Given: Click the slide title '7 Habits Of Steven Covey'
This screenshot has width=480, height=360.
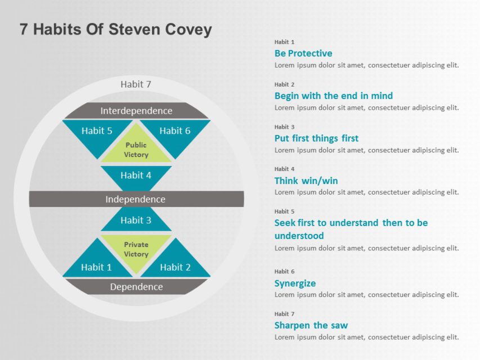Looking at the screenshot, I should [115, 29].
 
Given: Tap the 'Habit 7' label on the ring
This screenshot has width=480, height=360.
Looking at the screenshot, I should [136, 84].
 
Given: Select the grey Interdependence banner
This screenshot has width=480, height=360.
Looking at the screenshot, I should [136, 111].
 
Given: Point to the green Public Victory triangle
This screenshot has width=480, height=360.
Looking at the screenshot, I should [136, 150].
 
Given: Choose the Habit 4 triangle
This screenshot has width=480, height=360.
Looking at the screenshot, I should [136, 177].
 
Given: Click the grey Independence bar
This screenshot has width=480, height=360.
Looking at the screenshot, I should [136, 199].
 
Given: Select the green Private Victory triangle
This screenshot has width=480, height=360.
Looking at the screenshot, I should [136, 248].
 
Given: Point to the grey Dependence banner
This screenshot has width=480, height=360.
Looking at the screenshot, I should [136, 287].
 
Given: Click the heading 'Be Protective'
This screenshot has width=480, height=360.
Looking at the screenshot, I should [303, 53].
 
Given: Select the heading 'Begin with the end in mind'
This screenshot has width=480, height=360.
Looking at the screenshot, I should [334, 96].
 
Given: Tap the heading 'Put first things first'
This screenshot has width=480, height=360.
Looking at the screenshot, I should [316, 138].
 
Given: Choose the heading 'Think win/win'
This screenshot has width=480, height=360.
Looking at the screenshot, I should [306, 181].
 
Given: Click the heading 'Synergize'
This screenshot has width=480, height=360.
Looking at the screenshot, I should [295, 283].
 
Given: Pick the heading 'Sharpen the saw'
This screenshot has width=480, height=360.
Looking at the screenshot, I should [311, 325].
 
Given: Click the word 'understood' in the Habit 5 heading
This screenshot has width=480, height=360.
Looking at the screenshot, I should [299, 236].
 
